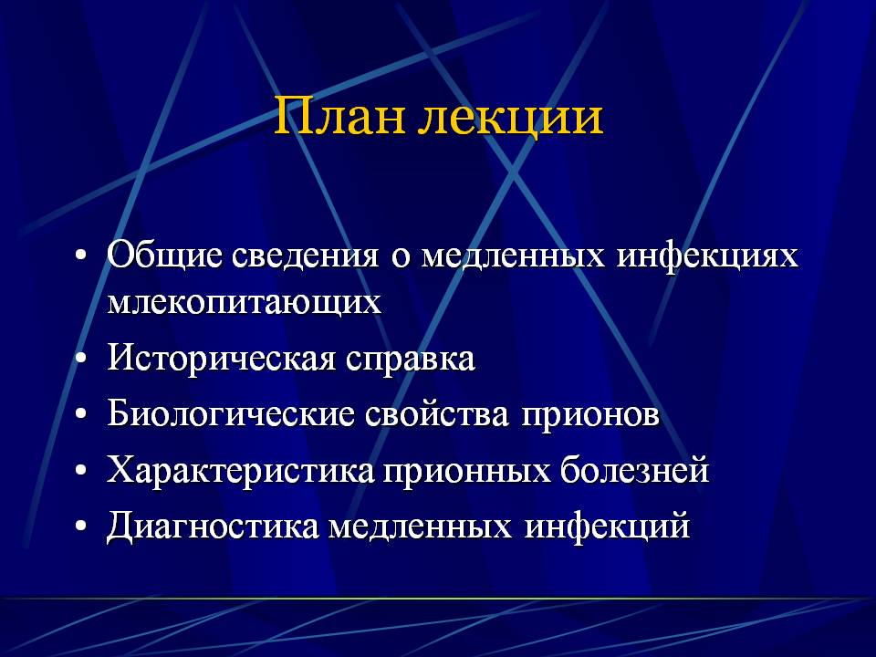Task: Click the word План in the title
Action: [x=339, y=116]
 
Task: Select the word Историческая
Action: [x=221, y=359]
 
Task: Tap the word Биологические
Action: [x=231, y=414]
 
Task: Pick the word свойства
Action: [x=437, y=414]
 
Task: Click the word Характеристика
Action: [x=241, y=471]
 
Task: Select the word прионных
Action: [x=467, y=472]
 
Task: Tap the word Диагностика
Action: [x=213, y=527]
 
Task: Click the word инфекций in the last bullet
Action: [x=608, y=527]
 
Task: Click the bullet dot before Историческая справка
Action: [x=81, y=360]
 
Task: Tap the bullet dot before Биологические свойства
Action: [x=81, y=415]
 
